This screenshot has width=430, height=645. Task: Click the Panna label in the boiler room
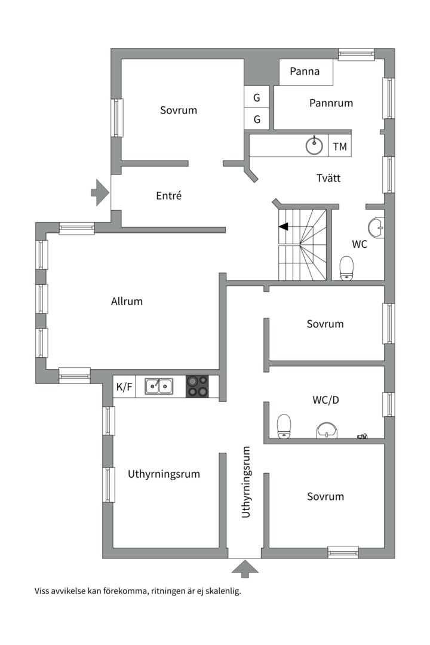(x=305, y=72)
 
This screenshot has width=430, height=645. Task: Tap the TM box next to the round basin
(x=340, y=146)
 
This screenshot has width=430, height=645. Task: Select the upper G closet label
(x=257, y=97)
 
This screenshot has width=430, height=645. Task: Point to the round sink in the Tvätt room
(x=314, y=145)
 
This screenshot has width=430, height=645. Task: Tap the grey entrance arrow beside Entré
(x=99, y=192)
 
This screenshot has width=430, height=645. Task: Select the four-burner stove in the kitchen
(x=198, y=386)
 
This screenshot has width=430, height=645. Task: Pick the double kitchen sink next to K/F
(x=158, y=387)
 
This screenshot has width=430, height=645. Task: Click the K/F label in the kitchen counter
(x=124, y=387)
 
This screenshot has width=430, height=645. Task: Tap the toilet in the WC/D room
(x=284, y=426)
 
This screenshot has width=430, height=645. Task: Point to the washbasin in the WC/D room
(x=326, y=430)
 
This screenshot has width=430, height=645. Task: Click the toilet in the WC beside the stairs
(x=346, y=268)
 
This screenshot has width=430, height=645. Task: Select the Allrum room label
(x=127, y=301)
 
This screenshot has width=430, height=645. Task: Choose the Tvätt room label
(x=328, y=178)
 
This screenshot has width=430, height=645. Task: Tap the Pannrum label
(x=331, y=103)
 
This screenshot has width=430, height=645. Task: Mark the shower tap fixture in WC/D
(x=362, y=437)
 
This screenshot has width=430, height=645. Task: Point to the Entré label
(x=168, y=195)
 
